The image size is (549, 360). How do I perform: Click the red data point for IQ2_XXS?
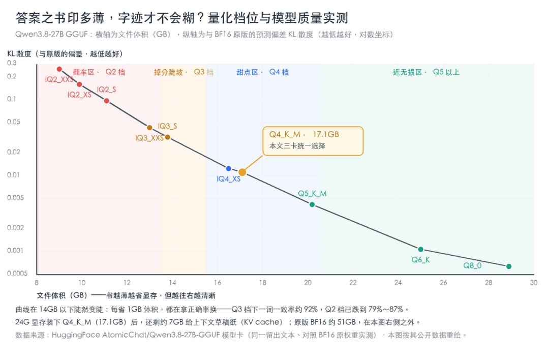pos(59,69)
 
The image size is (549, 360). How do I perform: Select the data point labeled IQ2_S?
pos(106,101)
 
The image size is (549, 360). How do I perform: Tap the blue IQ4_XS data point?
pos(229,169)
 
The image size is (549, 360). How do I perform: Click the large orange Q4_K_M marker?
pos(242,172)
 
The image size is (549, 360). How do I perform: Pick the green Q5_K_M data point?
pos(312,204)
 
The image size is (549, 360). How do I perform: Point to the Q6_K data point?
pos(421,249)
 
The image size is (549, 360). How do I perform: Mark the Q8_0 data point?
pos(509,266)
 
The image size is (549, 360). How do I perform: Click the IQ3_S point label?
pos(167,126)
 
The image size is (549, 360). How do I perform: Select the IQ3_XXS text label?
pos(149,138)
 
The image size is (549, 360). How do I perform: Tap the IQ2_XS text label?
pos(79,95)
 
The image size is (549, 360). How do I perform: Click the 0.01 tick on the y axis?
pos(13,175)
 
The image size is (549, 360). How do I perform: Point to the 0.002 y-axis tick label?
pos(15,228)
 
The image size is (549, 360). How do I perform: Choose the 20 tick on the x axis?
pos(308,283)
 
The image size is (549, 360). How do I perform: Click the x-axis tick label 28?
pos(489,283)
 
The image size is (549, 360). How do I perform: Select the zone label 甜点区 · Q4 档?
pos(263,72)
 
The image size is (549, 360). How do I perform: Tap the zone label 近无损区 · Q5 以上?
pos(426,72)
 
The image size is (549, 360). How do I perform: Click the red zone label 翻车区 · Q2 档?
pos(99,72)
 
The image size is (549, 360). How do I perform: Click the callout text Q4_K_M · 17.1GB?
pos(304,134)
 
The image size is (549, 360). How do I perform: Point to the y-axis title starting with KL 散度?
pos(65,54)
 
